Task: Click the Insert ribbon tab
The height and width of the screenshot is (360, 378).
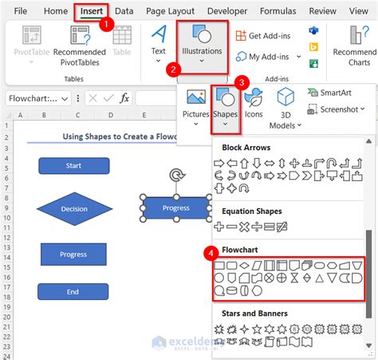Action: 92,11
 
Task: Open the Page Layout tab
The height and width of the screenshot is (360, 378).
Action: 169,11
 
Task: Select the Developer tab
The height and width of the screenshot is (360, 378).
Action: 226,11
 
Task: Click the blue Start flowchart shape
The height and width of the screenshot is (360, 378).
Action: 73,166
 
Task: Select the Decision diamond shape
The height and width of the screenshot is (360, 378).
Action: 74,208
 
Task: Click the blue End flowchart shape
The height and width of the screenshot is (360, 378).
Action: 73,291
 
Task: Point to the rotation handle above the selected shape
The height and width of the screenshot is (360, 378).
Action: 175,174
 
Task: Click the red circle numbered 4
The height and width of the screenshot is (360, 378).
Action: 211,254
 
